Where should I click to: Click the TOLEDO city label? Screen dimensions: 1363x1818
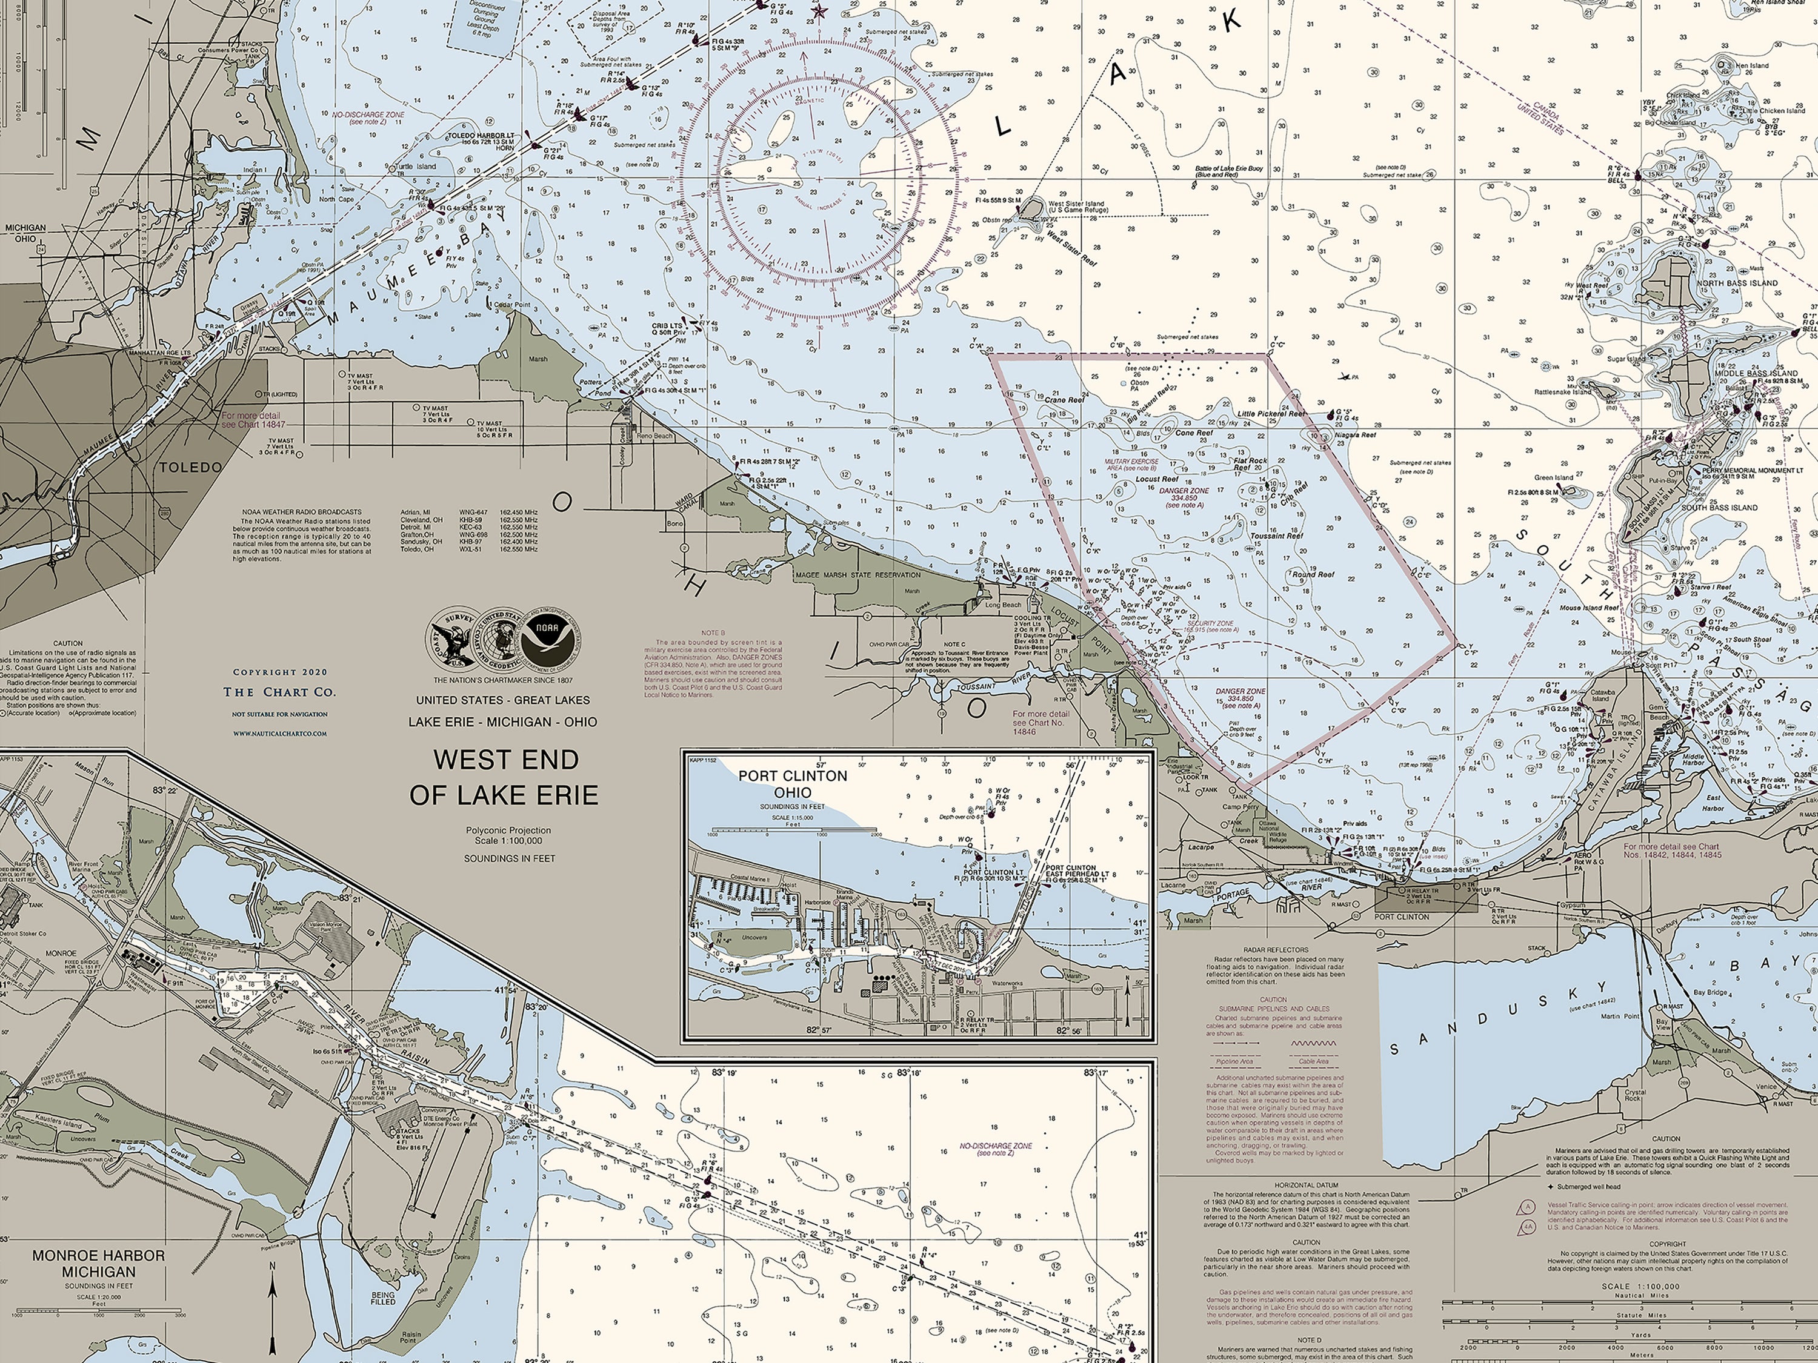click(190, 468)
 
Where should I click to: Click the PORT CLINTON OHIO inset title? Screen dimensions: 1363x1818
click(791, 784)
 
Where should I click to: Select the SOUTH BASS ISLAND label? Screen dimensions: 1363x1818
click(1719, 508)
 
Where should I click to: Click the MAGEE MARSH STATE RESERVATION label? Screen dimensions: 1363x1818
click(857, 575)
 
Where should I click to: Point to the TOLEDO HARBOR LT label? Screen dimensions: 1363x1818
click(480, 136)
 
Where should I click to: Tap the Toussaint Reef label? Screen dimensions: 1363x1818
click(1276, 536)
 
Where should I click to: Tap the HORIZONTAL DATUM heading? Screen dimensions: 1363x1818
click(1306, 1185)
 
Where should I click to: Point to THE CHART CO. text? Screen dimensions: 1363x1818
click(279, 692)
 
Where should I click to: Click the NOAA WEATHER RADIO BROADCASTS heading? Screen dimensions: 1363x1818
click(302, 512)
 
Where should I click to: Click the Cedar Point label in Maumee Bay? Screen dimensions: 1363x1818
click(512, 305)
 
